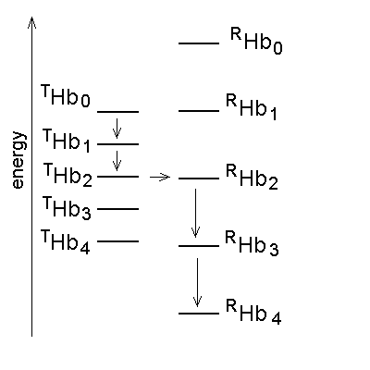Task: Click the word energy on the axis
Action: click(x=18, y=160)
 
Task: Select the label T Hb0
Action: click(x=66, y=96)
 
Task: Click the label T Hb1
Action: click(x=67, y=141)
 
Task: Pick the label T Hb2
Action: click(x=68, y=175)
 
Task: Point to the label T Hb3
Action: click(x=67, y=208)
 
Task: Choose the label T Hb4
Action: click(x=66, y=241)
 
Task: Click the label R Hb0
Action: click(x=256, y=41)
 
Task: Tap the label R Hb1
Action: click(x=252, y=107)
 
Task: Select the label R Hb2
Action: click(x=253, y=177)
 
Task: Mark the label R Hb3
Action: click(x=253, y=243)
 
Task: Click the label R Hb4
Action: click(x=253, y=312)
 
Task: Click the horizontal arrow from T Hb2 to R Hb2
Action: click(x=160, y=177)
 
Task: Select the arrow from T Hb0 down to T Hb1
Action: click(x=117, y=129)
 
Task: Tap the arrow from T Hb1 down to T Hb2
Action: click(x=117, y=161)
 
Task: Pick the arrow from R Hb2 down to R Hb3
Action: click(x=195, y=213)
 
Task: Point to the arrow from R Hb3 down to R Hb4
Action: click(x=197, y=282)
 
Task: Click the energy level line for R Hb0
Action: click(x=199, y=43)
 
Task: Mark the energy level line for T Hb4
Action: click(x=118, y=241)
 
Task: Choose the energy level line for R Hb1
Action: click(x=199, y=111)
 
